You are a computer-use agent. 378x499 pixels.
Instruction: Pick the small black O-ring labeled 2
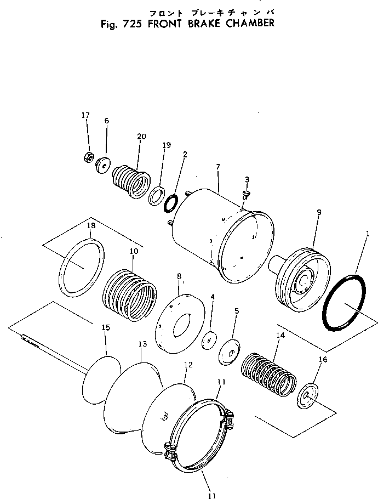coord(170,203)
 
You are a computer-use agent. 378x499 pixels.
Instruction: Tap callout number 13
coord(142,344)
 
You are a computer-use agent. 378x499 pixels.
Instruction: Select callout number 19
coord(167,145)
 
